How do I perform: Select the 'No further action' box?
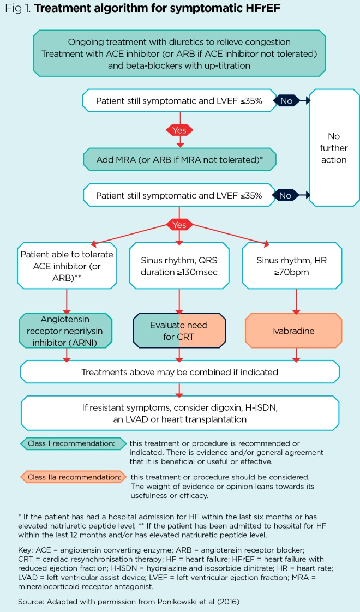[x=333, y=148]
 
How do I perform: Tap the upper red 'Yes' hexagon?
[x=179, y=130]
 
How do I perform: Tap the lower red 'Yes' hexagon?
[x=179, y=224]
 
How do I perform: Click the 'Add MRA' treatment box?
[x=179, y=159]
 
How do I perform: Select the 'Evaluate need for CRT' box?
[x=179, y=331]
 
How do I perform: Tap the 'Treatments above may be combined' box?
[x=179, y=372]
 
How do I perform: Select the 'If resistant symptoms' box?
[x=179, y=412]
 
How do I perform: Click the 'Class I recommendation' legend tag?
[x=72, y=443]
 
